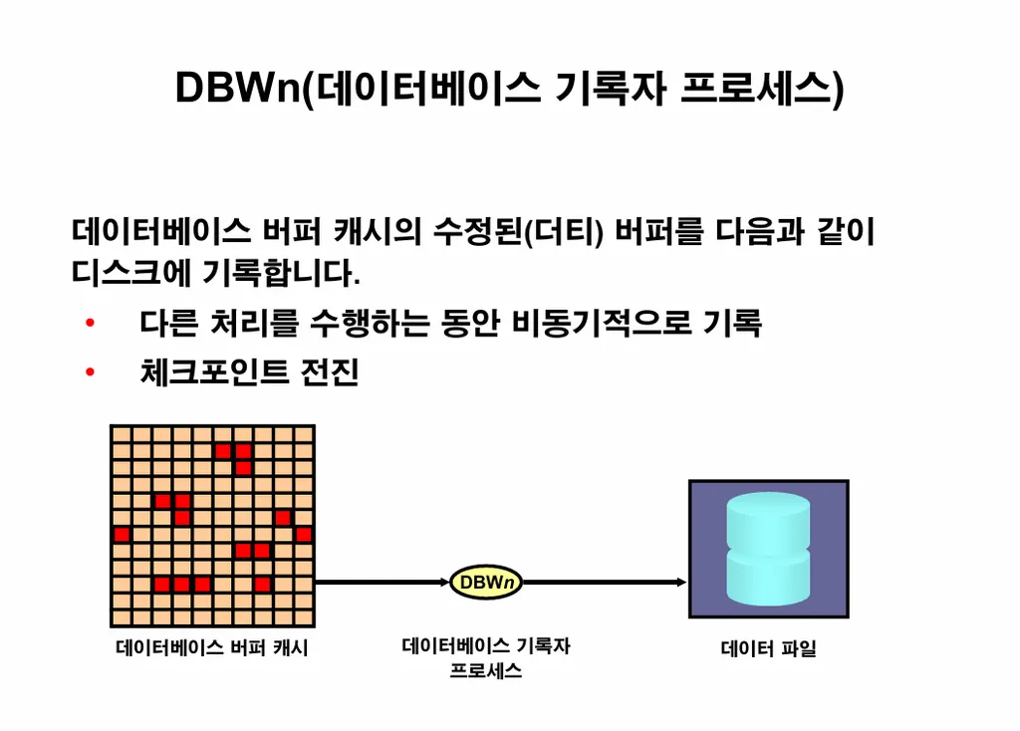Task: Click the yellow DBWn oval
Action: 486,583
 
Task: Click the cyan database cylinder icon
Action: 768,548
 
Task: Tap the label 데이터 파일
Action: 768,649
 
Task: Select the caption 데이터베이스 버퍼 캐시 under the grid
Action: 212,648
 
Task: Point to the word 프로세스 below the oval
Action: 486,671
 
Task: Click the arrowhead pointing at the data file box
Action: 680,583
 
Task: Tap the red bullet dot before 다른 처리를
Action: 90,324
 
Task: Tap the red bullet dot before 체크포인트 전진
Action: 90,372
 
